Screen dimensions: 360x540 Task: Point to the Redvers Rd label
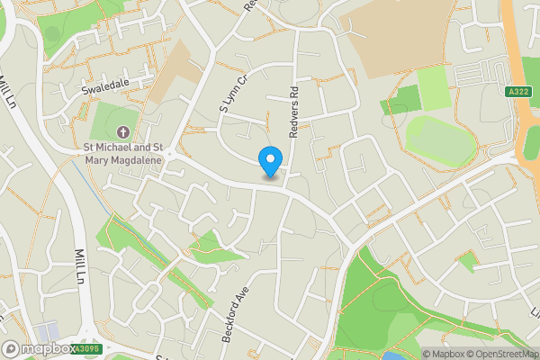coord(293,112)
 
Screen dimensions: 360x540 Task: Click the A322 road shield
coord(517,91)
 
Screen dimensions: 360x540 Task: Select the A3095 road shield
coord(86,348)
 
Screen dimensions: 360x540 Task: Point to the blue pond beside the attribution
coord(393,356)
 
